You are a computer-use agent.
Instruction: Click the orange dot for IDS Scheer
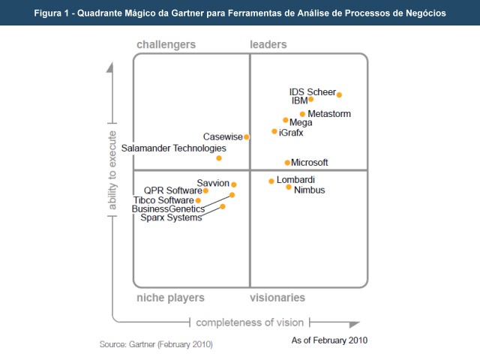(x=339, y=94)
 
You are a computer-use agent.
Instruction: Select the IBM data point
(x=311, y=99)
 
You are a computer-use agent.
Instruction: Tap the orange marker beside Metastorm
(x=302, y=114)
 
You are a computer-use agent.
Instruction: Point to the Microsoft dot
(x=287, y=163)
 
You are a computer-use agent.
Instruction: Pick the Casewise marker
(x=246, y=136)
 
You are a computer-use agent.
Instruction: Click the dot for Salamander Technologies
(x=219, y=158)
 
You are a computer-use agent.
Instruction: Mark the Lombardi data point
(x=271, y=181)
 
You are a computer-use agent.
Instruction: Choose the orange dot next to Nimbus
(x=289, y=187)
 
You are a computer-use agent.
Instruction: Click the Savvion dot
(x=234, y=184)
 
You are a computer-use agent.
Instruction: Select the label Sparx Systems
(x=171, y=218)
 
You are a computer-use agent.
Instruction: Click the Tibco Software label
(x=163, y=200)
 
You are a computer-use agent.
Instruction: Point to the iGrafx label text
(x=291, y=132)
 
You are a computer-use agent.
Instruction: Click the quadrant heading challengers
(x=166, y=45)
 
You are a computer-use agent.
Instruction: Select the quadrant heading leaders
(x=268, y=45)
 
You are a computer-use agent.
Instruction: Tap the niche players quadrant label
(x=170, y=298)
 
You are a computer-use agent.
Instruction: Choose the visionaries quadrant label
(x=277, y=298)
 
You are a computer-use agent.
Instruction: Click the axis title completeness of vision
(x=250, y=322)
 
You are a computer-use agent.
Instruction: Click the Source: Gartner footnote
(x=156, y=344)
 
